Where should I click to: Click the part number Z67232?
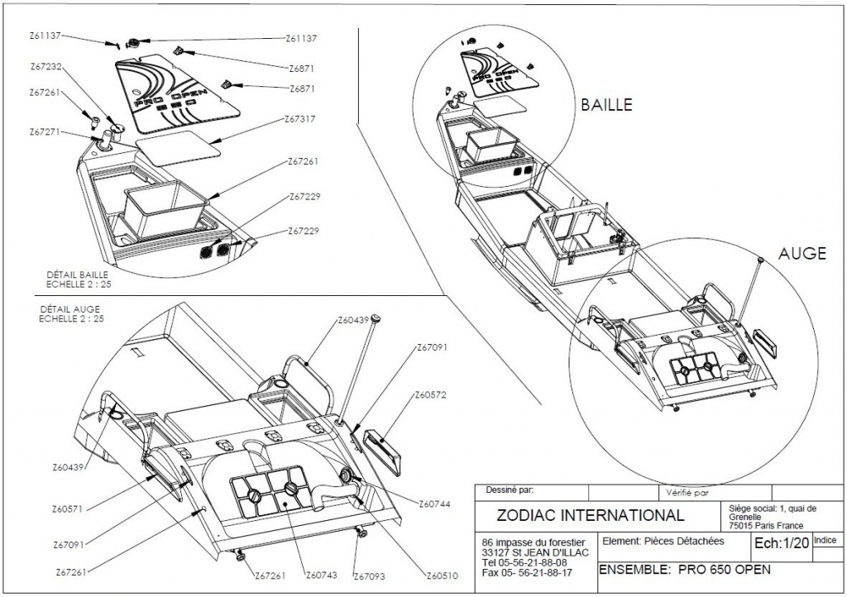point(45,68)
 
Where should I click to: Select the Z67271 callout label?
point(45,131)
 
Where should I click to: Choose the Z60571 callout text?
point(71,508)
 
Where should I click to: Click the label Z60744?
point(435,504)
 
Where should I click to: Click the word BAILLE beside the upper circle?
point(606,105)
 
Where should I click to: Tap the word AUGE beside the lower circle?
point(802,254)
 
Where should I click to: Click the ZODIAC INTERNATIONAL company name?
point(590,515)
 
